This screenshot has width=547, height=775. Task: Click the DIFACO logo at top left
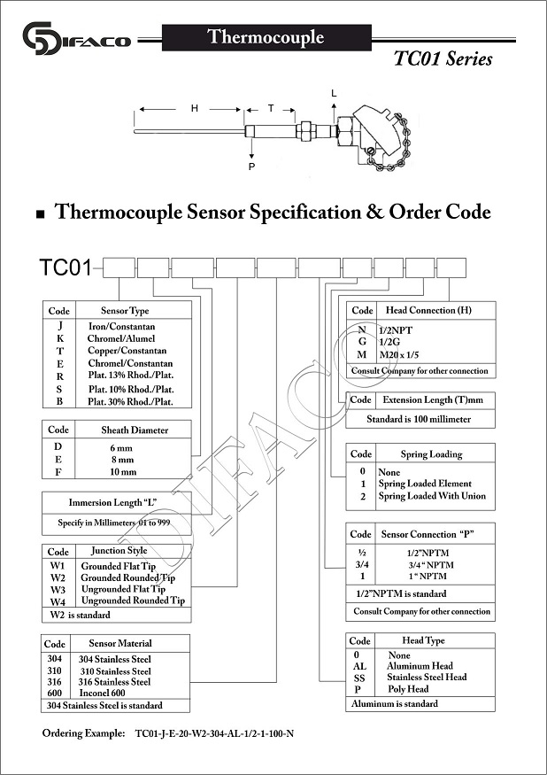click(77, 38)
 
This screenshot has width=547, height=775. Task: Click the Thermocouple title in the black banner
click(266, 37)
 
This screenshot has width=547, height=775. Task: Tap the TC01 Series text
click(443, 58)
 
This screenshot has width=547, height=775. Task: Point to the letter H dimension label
click(195, 108)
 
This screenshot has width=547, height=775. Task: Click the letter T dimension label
click(271, 108)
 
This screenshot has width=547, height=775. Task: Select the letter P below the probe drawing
click(251, 167)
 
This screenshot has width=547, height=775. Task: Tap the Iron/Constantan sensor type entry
click(121, 327)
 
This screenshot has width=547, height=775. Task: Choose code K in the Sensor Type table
click(60, 338)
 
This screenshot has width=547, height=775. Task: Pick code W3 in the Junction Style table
click(58, 590)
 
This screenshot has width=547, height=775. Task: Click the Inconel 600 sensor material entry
click(103, 693)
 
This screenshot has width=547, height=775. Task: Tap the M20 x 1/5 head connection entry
click(399, 355)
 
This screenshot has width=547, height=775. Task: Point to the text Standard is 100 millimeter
click(419, 419)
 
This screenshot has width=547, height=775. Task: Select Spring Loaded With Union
click(432, 496)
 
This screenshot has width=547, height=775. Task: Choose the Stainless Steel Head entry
click(427, 678)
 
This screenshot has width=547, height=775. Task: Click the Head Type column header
click(423, 640)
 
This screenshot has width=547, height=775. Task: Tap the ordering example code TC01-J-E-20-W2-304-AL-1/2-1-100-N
click(214, 733)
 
